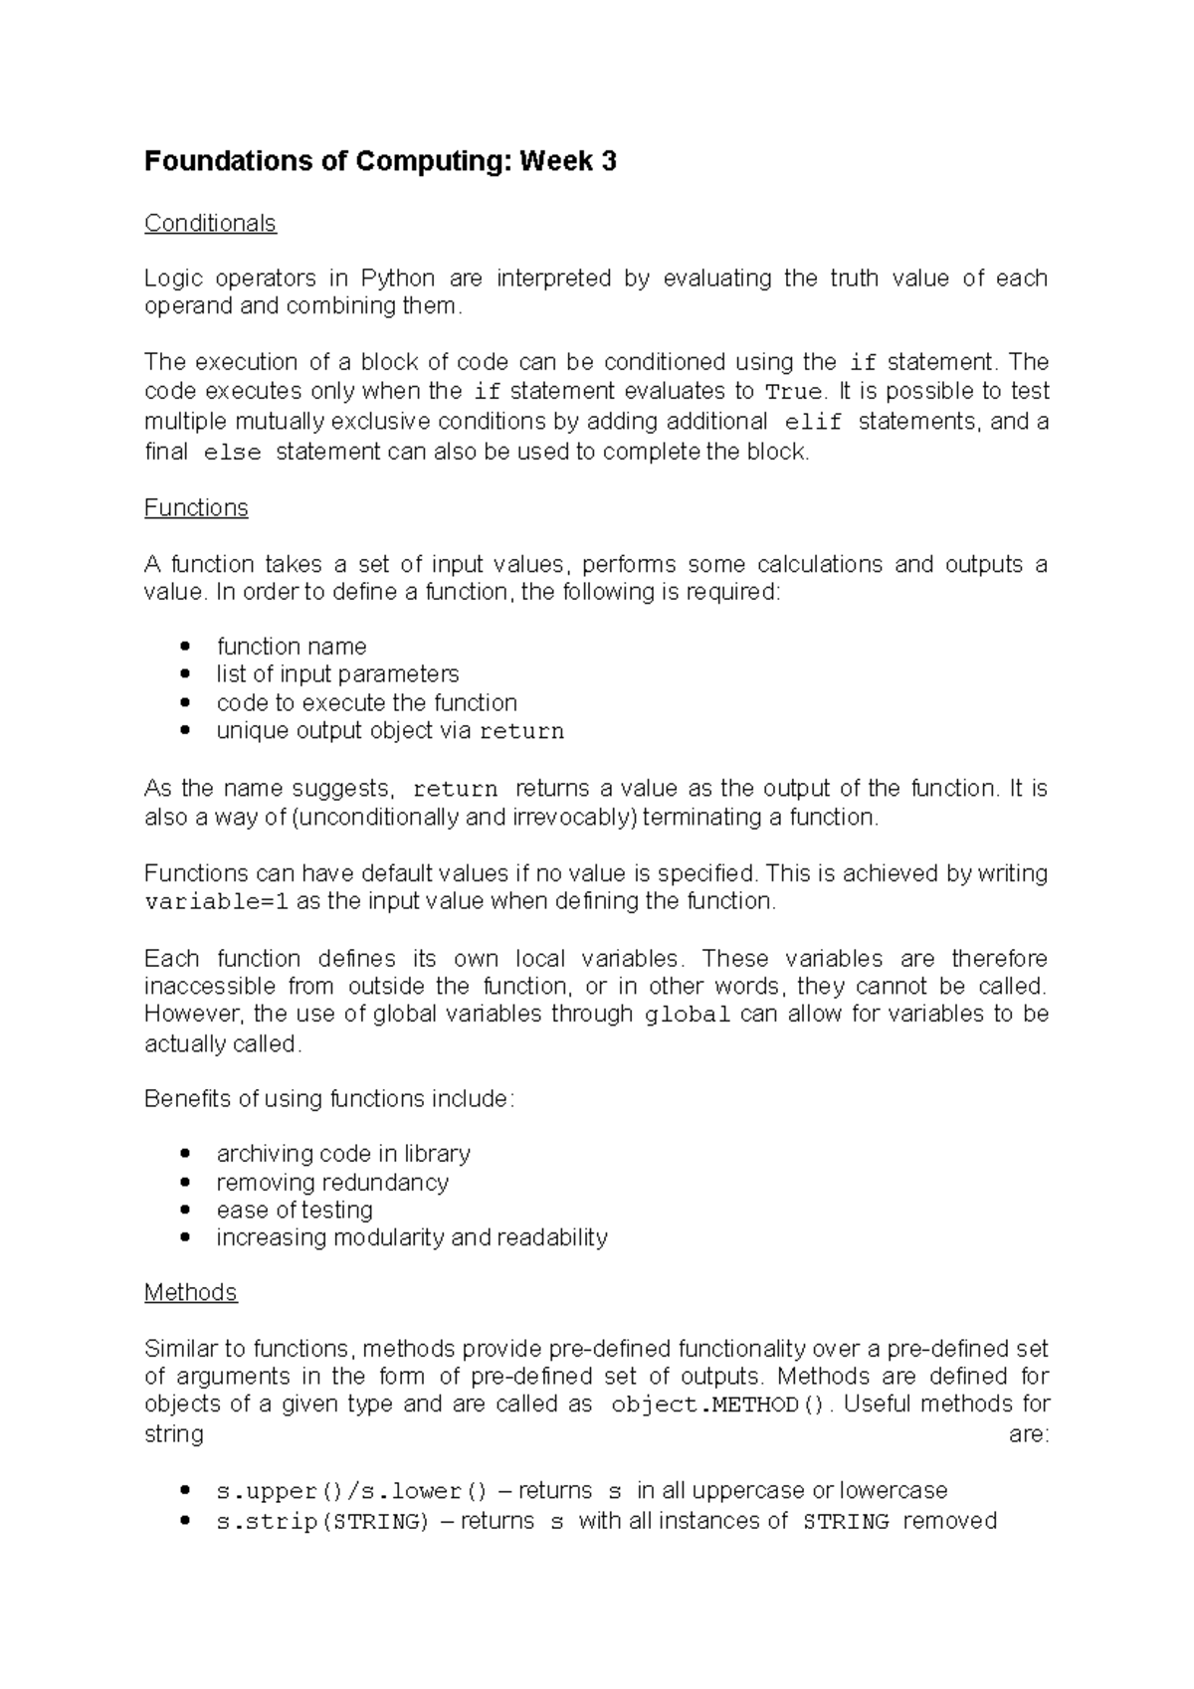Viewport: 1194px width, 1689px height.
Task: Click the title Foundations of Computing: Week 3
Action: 380,161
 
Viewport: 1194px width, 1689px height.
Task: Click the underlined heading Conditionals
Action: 210,223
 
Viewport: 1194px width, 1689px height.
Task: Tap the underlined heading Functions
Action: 196,507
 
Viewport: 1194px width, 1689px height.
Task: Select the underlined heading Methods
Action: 190,1292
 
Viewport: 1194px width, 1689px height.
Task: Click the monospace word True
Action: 794,392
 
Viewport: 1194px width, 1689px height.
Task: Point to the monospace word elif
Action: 813,422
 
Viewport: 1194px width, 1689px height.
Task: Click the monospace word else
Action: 231,453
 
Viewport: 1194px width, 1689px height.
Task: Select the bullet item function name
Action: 292,647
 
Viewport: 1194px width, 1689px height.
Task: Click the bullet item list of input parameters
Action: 337,674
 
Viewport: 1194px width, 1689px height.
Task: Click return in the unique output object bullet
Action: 521,732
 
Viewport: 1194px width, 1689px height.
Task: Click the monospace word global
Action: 689,1016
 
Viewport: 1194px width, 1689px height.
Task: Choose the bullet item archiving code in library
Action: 343,1154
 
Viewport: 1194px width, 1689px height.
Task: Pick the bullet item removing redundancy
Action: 332,1183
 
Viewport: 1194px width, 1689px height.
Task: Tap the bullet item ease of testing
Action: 295,1211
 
